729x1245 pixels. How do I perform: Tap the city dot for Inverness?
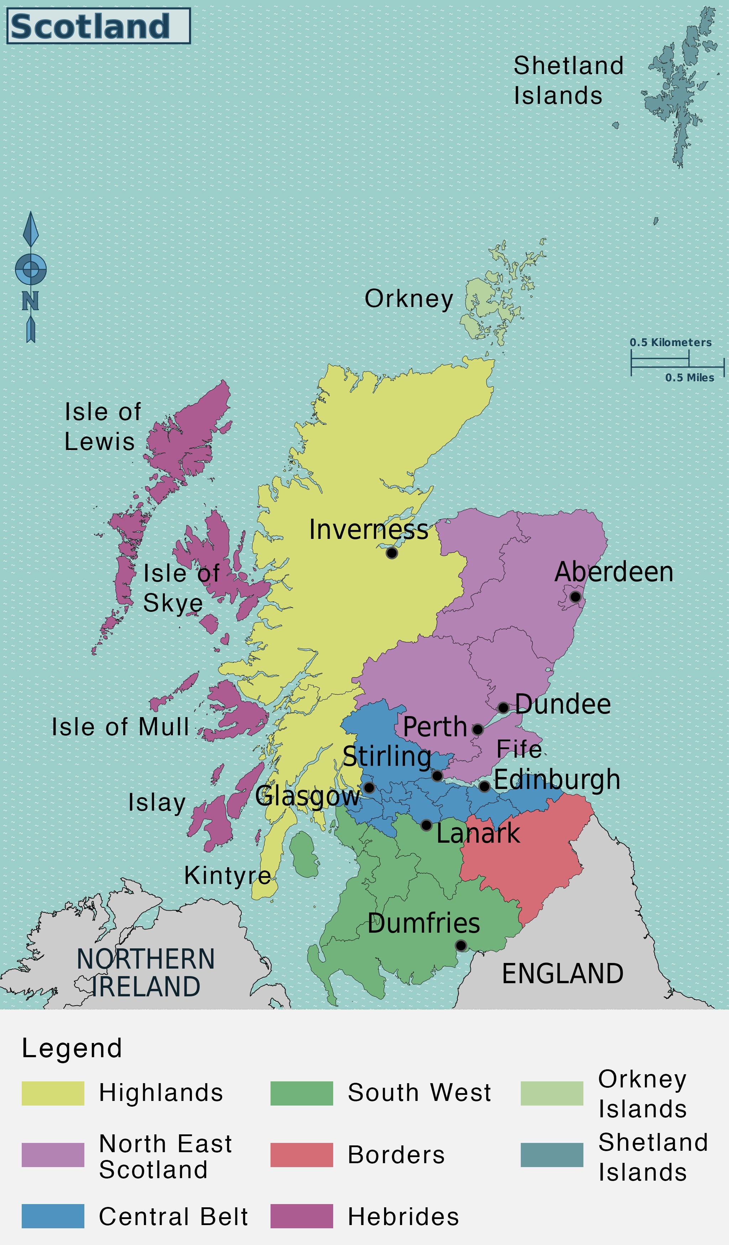(x=392, y=553)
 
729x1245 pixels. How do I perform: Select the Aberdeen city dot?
(x=575, y=597)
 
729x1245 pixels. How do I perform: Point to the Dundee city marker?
(x=503, y=708)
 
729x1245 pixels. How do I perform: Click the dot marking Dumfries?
(x=461, y=945)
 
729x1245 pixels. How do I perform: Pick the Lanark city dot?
(x=426, y=825)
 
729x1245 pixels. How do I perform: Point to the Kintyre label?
(x=228, y=875)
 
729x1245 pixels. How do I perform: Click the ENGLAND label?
(x=562, y=974)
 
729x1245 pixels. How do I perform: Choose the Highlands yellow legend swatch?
(x=53, y=1093)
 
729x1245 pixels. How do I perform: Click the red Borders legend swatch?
(x=301, y=1155)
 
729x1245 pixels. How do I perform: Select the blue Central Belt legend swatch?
(x=53, y=1216)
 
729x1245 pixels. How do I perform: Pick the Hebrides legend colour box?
(x=301, y=1216)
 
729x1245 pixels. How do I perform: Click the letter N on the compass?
(x=30, y=301)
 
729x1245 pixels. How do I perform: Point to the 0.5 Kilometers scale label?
(x=670, y=342)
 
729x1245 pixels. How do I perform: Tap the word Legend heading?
(x=72, y=1048)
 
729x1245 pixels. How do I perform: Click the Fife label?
(x=519, y=749)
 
